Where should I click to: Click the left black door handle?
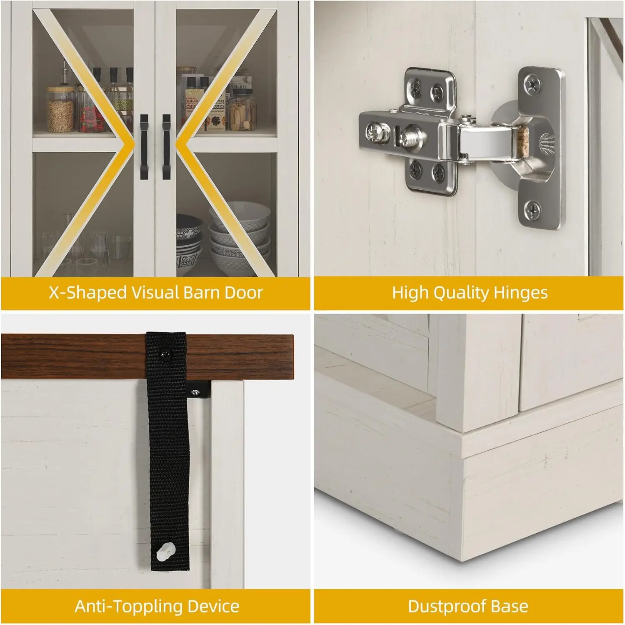point(144,147)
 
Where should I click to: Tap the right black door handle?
point(166,147)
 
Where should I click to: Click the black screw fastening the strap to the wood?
point(166,355)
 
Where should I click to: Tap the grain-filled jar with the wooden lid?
point(60,110)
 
